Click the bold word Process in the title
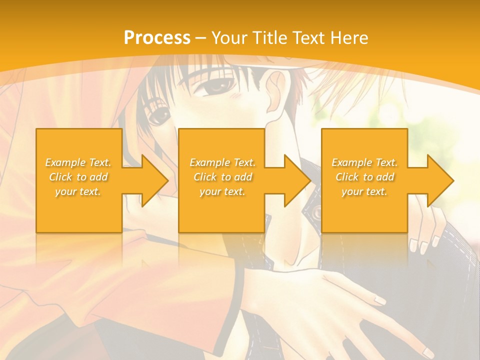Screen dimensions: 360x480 tap(157, 38)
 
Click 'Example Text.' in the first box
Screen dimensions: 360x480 tap(78, 162)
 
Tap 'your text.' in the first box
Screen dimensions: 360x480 tap(78, 191)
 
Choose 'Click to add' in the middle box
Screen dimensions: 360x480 tap(222, 177)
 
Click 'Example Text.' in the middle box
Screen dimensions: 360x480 tap(222, 162)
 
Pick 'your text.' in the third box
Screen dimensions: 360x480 tap(364, 191)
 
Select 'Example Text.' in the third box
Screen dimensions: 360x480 tap(364, 162)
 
